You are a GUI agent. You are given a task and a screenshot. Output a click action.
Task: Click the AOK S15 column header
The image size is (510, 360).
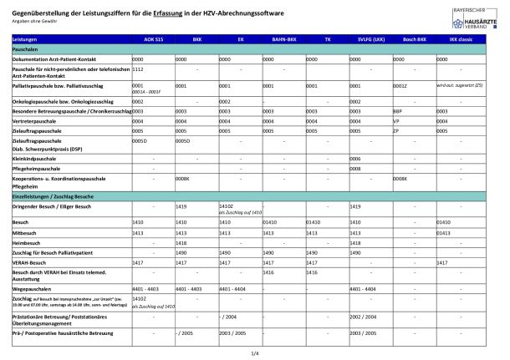[153, 40]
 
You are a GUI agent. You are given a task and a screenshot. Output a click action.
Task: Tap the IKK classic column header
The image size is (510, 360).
[462, 40]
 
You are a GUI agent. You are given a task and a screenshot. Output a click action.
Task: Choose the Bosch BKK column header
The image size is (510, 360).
[415, 40]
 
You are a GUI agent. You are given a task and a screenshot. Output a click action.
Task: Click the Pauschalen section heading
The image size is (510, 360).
[29, 50]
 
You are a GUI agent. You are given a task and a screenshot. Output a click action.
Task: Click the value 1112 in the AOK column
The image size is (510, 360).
[139, 70]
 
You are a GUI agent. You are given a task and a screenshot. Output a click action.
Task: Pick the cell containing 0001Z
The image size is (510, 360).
[400, 85]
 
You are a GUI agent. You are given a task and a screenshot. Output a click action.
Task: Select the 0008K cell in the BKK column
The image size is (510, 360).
[183, 179]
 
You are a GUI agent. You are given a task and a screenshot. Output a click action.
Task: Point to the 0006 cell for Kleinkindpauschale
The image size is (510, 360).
[355, 158]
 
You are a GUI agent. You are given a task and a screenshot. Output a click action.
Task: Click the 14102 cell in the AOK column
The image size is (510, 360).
[140, 298]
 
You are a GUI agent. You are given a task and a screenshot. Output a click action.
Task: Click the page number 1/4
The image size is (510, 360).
[254, 354]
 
